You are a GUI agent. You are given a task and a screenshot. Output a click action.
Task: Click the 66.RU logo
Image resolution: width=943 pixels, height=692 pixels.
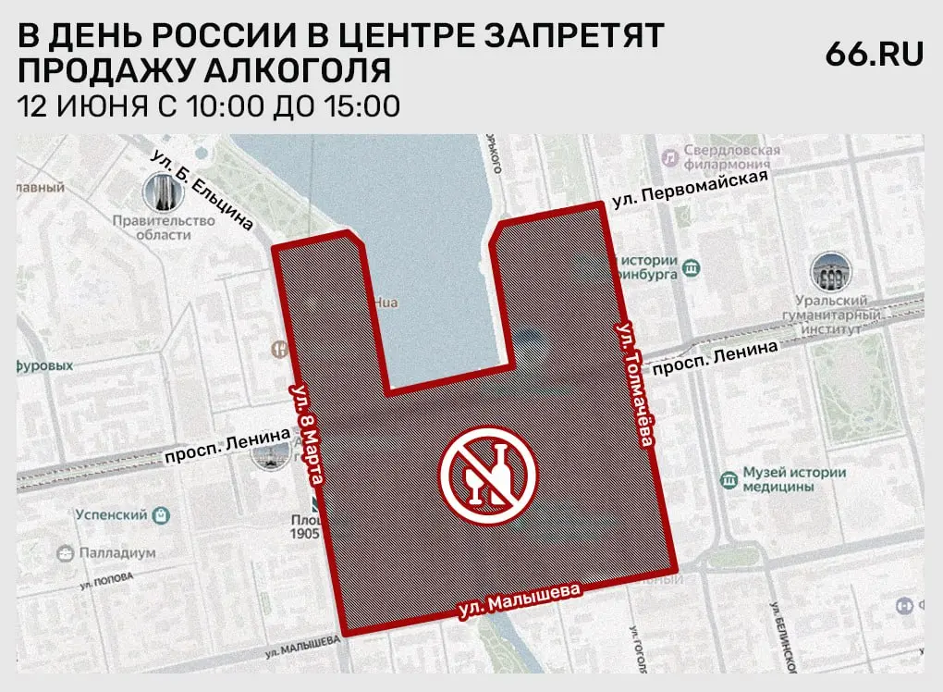[x=874, y=55]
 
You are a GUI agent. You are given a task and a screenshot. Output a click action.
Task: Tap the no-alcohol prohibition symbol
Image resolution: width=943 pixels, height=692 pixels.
[x=488, y=473]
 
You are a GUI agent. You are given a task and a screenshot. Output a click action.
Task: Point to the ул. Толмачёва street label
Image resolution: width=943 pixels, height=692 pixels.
[x=635, y=385]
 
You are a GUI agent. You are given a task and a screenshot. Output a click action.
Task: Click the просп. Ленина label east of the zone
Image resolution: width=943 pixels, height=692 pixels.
[x=722, y=355]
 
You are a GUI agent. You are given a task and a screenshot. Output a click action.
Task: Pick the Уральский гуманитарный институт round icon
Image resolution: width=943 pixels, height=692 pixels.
[x=828, y=273]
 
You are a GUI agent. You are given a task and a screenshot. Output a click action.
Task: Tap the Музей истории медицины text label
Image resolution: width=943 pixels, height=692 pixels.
[x=794, y=479]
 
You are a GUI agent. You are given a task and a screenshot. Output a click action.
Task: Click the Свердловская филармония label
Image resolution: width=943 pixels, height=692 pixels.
[x=730, y=157]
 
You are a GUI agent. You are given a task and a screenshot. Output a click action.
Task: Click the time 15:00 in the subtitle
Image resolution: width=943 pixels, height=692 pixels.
[x=361, y=105]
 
